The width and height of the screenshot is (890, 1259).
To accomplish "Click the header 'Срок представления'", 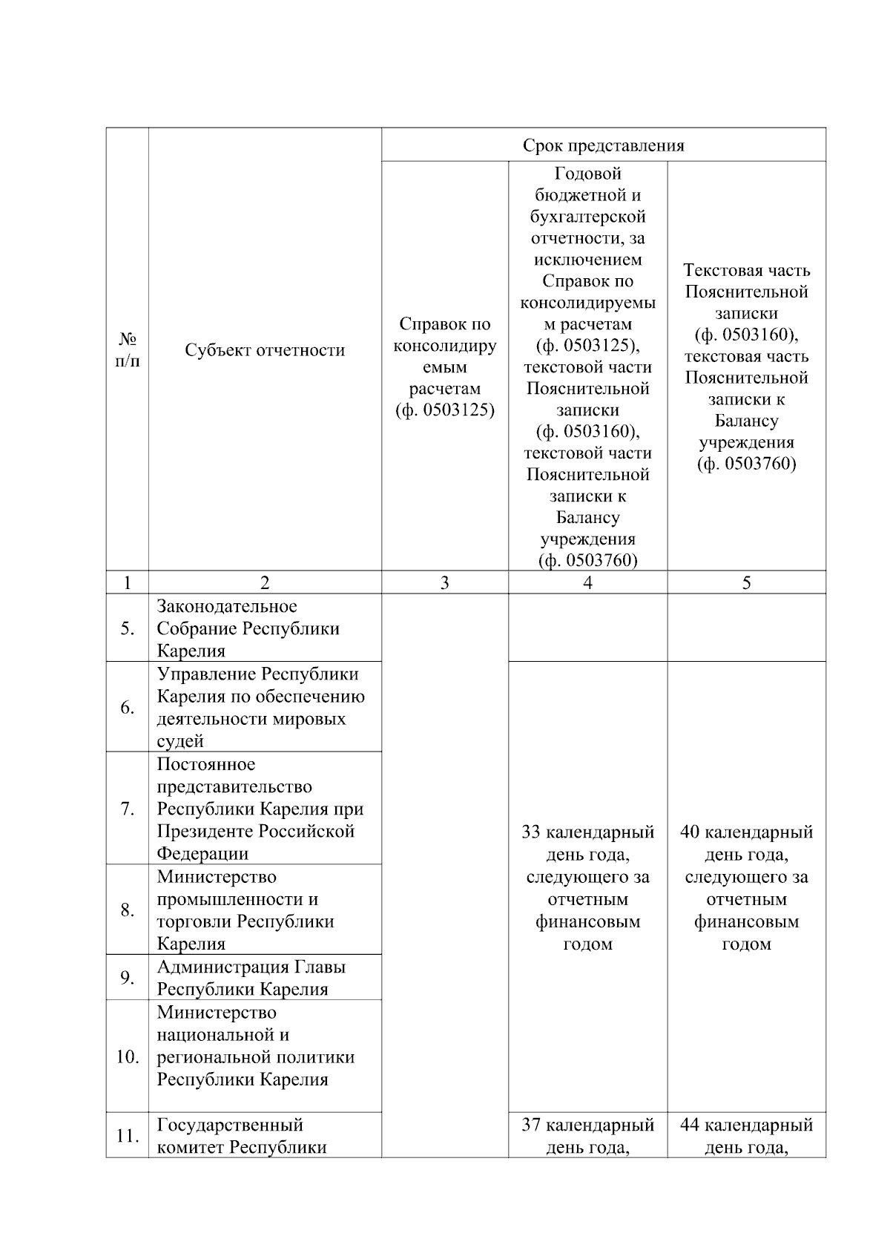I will point(603,145).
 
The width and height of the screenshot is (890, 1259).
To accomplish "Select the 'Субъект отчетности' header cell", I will point(265,350).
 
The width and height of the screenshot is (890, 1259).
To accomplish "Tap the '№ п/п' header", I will point(128,350).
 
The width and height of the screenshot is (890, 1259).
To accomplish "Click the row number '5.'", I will point(128,628).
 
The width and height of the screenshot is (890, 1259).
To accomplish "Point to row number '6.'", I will point(128,707).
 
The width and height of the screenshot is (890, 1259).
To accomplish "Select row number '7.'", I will point(128,809).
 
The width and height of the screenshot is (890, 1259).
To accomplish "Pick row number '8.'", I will point(128,910).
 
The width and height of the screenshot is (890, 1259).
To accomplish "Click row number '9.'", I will point(128,978).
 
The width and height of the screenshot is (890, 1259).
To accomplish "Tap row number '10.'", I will point(128,1056).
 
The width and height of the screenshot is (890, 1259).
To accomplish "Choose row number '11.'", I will point(128,1136).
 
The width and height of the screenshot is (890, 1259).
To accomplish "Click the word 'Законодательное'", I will point(226,607).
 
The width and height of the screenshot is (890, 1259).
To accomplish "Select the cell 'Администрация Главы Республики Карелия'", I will point(251,978).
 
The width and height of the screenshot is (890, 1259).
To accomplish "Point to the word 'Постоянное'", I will point(205,764).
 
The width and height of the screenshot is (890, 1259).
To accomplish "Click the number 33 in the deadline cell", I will point(531,832).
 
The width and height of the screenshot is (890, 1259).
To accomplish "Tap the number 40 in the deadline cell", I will point(690,832).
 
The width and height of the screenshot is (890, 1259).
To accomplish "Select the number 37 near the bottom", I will point(531,1125).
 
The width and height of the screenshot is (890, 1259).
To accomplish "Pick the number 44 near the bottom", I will point(690,1125).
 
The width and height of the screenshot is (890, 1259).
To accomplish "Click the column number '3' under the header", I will point(444,583).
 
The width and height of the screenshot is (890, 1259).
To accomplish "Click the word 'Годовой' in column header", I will point(587,174).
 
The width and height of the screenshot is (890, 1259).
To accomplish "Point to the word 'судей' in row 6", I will point(180,741).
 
